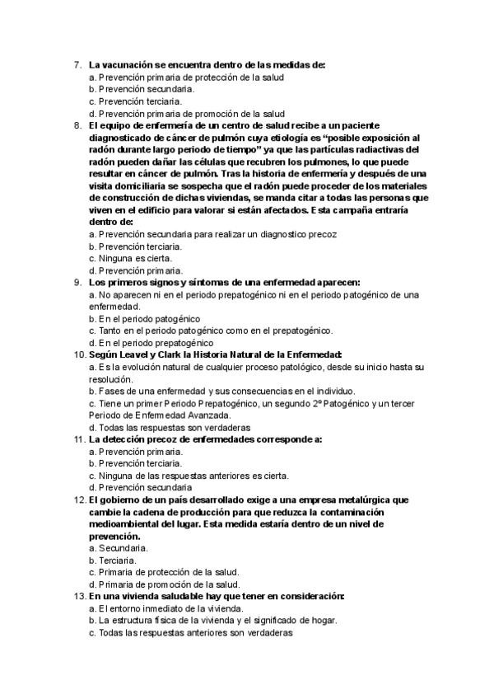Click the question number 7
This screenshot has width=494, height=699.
[x=77, y=65]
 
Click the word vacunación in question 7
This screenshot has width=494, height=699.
[x=126, y=65]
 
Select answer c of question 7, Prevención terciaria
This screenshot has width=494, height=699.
[x=135, y=101]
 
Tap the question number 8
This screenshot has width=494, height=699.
[x=77, y=125]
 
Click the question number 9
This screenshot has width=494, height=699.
[x=77, y=282]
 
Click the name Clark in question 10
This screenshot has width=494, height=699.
[x=179, y=354]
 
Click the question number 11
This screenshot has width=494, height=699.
[x=78, y=439]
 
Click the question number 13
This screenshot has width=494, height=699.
[x=78, y=596]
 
